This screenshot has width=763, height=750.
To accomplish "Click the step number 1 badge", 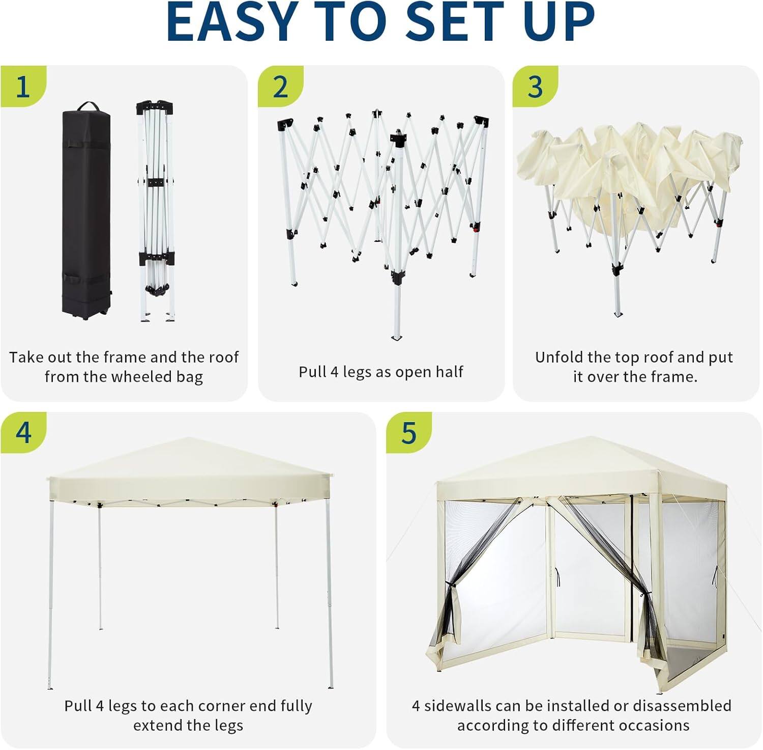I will (x=22, y=87).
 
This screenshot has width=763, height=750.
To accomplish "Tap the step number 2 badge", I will (x=280, y=87).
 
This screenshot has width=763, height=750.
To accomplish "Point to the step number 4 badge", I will (x=23, y=433).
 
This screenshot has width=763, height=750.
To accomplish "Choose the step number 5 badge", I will (x=409, y=433).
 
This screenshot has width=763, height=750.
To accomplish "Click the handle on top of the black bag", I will (x=87, y=106).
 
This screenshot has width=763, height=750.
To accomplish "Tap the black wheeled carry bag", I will (x=86, y=214).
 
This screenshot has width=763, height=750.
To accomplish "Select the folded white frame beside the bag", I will (x=156, y=211).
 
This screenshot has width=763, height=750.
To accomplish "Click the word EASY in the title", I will (x=232, y=22).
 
